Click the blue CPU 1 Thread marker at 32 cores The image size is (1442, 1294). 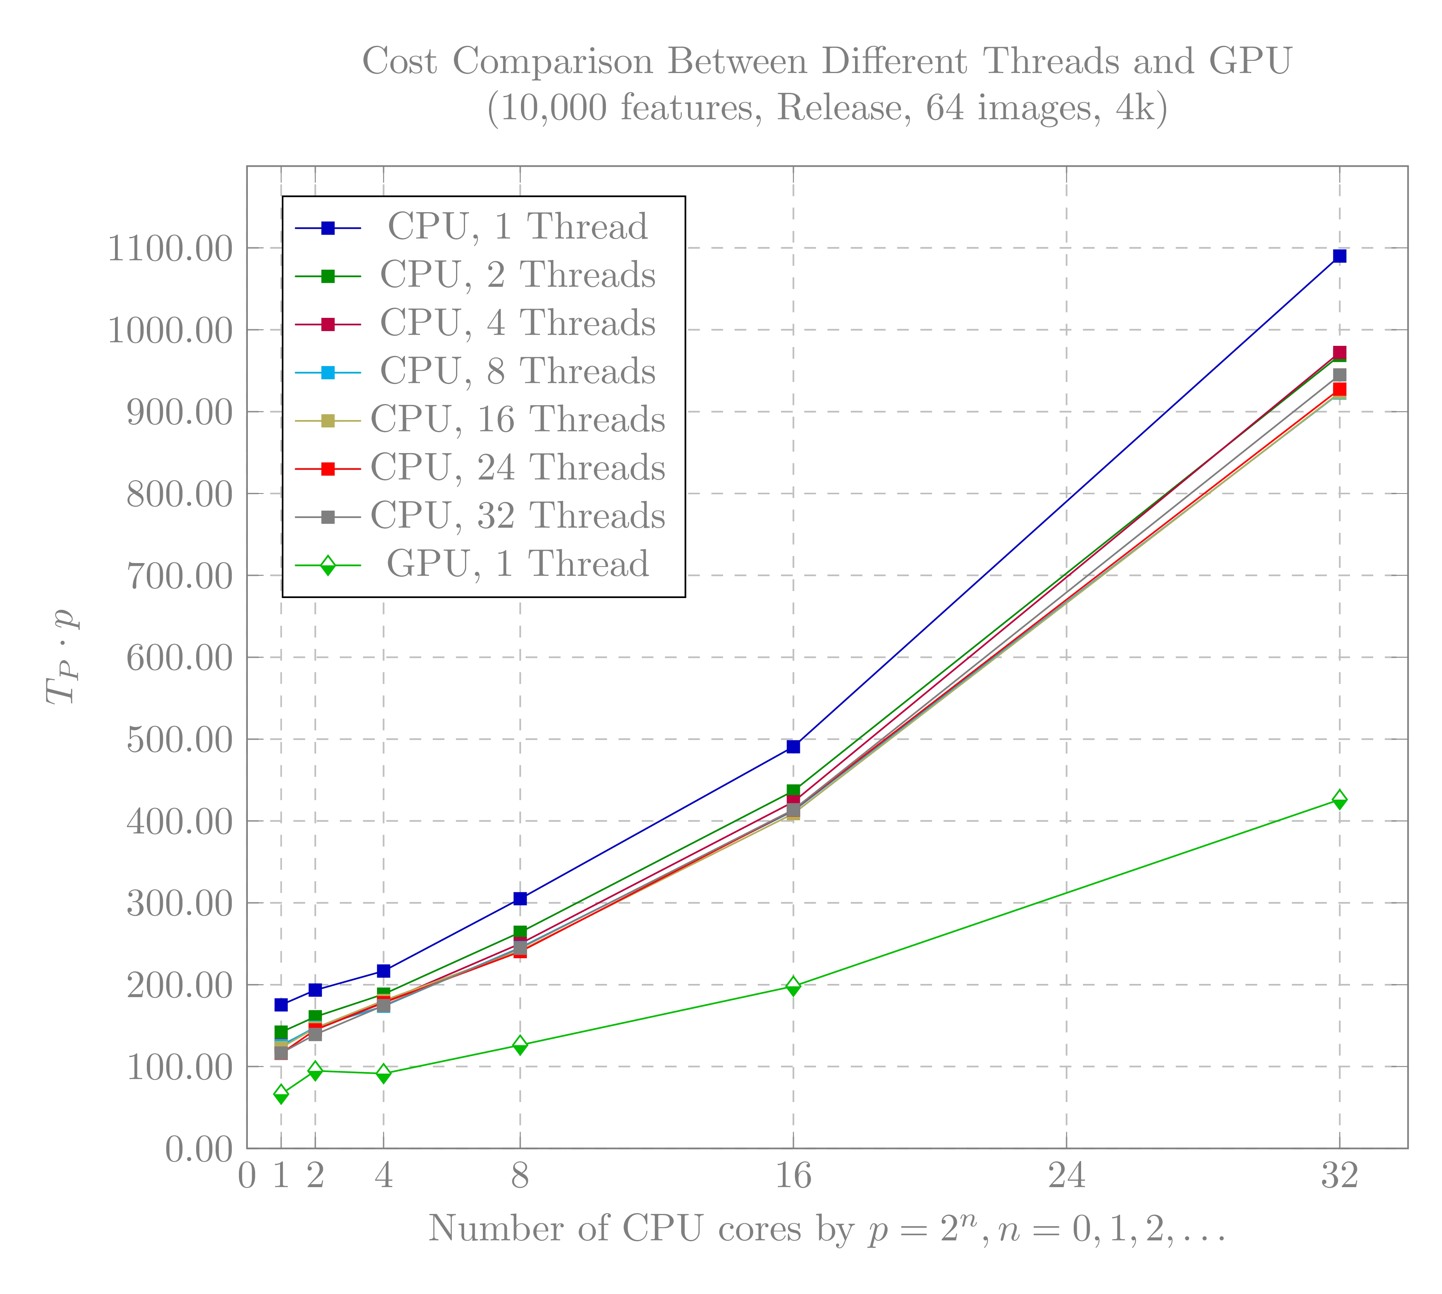coord(1339,256)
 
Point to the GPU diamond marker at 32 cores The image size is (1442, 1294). coord(1339,799)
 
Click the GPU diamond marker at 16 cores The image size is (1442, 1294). coord(793,985)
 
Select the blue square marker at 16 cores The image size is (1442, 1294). coord(793,746)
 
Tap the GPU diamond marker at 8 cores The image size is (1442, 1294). coord(520,1045)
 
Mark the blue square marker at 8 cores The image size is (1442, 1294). coord(520,899)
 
